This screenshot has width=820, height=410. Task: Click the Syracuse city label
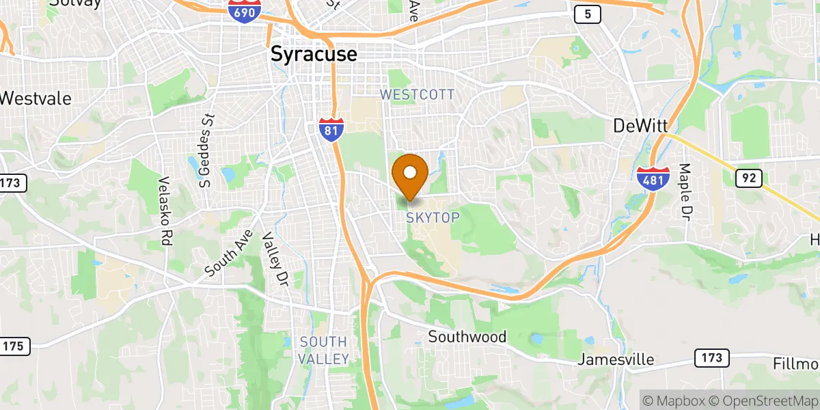(x=314, y=54)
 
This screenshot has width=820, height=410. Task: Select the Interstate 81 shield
(x=330, y=129)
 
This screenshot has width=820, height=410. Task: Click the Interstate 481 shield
(x=653, y=178)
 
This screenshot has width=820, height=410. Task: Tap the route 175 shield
(x=14, y=346)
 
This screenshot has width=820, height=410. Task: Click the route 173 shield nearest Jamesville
(x=711, y=357)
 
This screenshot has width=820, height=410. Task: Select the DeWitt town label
(x=640, y=126)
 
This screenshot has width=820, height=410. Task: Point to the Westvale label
(x=36, y=98)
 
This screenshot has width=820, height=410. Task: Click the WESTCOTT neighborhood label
(x=418, y=95)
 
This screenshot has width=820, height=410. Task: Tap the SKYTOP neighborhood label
(x=433, y=217)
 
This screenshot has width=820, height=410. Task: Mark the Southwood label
(x=467, y=337)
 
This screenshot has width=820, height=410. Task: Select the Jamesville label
(x=616, y=359)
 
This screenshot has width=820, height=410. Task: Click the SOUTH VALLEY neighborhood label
(x=324, y=350)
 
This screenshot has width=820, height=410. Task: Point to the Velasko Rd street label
(x=164, y=211)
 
